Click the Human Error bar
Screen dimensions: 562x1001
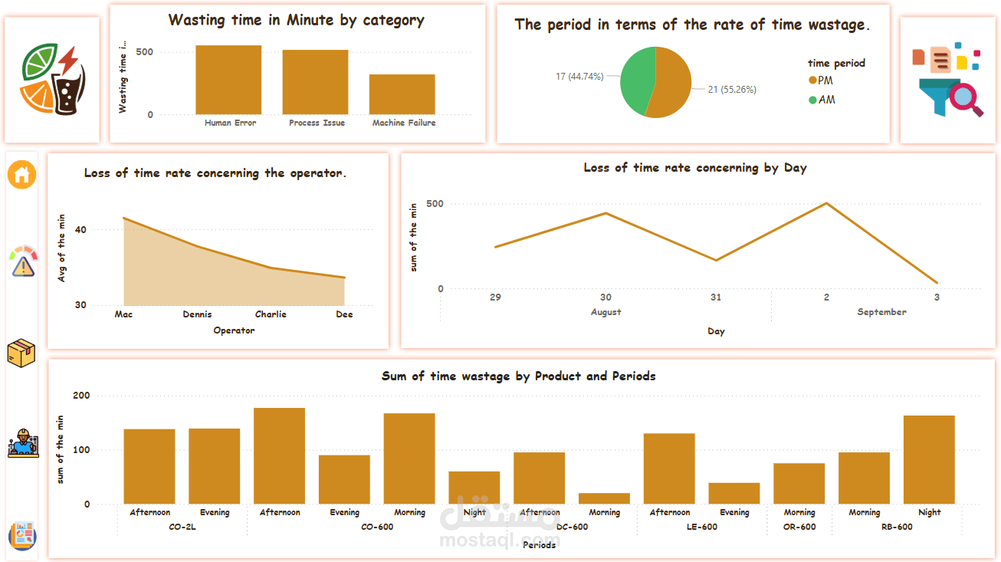[x=228, y=80]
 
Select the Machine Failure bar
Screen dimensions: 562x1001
[x=402, y=94]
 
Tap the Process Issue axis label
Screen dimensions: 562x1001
[x=317, y=123]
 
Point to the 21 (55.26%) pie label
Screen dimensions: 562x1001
[x=732, y=90]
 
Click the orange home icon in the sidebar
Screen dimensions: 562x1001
[x=22, y=175]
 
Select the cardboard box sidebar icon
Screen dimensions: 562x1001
[x=21, y=353]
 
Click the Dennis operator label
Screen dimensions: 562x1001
[x=197, y=314]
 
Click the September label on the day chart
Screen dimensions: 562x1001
[x=881, y=312]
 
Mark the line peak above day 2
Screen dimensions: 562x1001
[x=826, y=203]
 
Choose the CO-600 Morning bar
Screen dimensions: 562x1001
[x=409, y=458]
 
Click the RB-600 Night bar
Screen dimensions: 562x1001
[x=929, y=459]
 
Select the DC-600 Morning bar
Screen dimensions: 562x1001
[x=604, y=498]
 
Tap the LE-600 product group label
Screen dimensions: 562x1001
[x=702, y=527]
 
